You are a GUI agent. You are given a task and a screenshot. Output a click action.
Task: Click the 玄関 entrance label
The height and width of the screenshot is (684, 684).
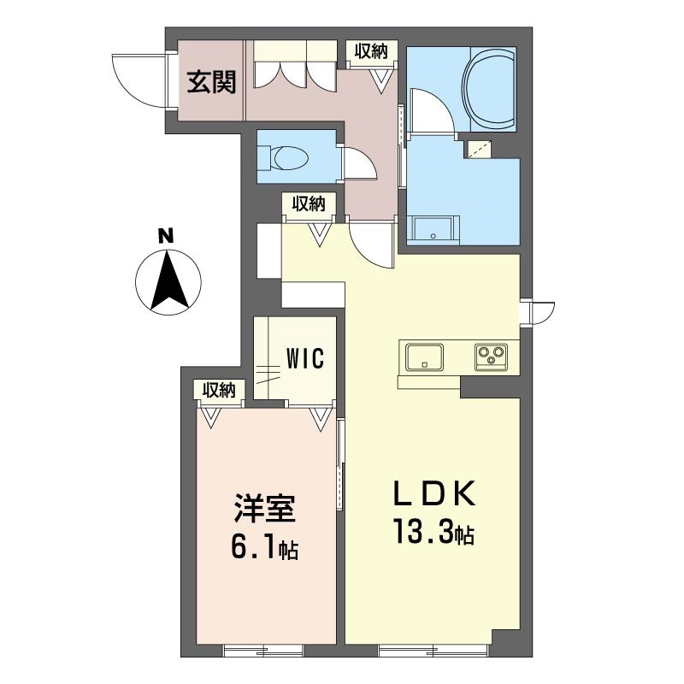click(x=211, y=82)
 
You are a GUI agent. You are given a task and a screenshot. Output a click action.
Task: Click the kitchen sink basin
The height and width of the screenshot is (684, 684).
click(x=424, y=357)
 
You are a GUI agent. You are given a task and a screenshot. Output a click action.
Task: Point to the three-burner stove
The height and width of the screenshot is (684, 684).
click(x=491, y=357)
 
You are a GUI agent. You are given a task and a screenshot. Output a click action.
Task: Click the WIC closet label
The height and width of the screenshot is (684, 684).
click(x=305, y=358)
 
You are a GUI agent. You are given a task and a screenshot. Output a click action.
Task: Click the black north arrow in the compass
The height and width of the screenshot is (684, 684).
click(x=168, y=280)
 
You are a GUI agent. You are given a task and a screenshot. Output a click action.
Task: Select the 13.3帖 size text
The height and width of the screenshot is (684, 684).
click(x=434, y=531)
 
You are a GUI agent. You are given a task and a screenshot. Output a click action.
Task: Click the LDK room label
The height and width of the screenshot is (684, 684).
click(x=433, y=493)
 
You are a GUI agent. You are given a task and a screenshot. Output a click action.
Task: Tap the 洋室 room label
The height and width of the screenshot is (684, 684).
click(x=265, y=508)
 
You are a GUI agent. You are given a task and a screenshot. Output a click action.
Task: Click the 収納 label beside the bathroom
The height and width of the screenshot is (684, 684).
click(x=371, y=51)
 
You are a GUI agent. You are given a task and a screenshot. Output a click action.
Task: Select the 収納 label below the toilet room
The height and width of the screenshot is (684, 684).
click(x=309, y=203)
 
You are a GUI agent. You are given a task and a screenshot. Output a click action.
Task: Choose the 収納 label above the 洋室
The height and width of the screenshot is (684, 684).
click(x=219, y=390)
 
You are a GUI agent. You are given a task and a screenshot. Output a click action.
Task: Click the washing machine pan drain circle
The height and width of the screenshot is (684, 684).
click(x=433, y=236)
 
